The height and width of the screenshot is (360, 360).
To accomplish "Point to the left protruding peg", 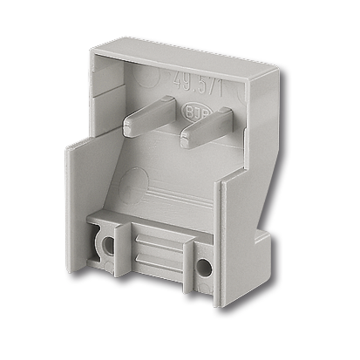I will pyautogui.click(x=153, y=118).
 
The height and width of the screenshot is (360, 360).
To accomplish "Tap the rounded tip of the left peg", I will pyautogui.click(x=127, y=127).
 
